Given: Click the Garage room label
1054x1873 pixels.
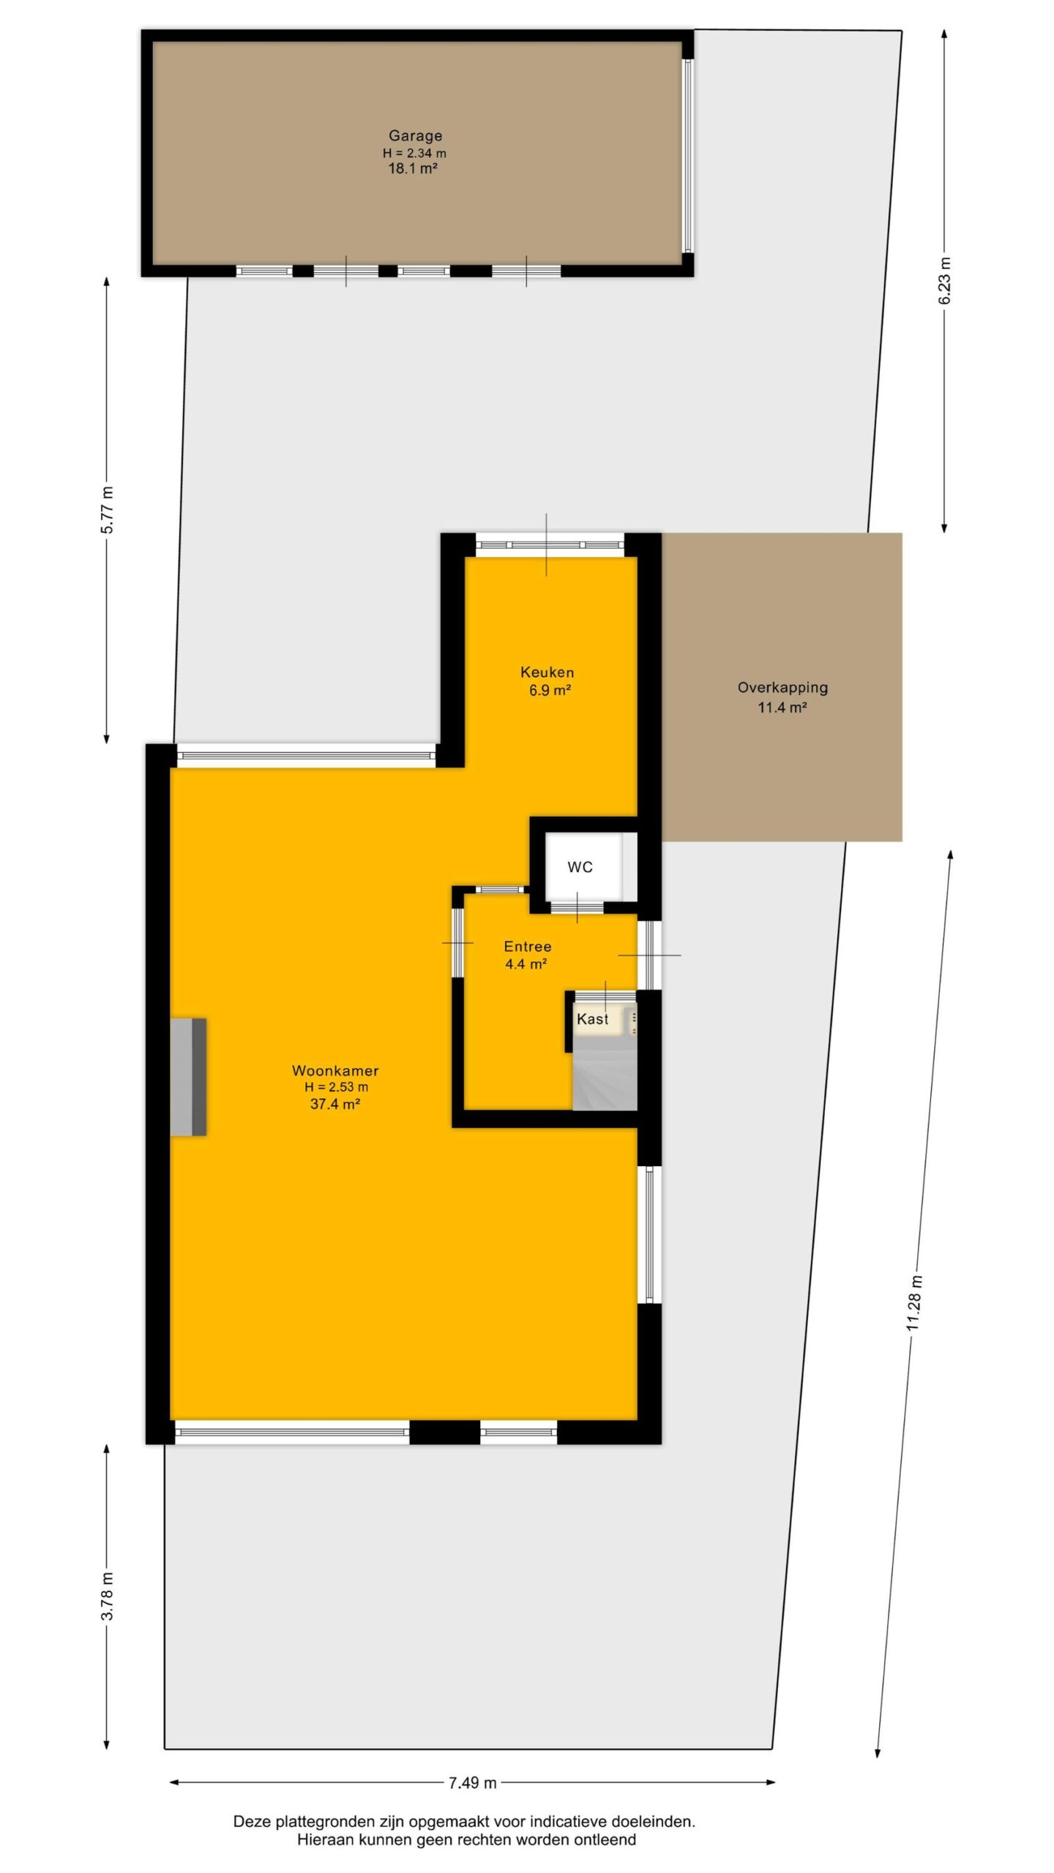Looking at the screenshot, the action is (x=415, y=136).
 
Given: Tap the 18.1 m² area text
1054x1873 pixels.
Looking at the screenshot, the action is (x=413, y=168).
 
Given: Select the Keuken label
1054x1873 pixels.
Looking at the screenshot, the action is (x=547, y=672).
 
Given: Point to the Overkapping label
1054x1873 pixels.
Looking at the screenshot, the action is (x=782, y=688).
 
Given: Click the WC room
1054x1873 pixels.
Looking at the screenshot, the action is (x=580, y=867).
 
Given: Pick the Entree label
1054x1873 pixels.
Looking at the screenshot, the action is (x=527, y=946).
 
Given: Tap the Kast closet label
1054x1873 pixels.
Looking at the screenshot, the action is (x=592, y=1018).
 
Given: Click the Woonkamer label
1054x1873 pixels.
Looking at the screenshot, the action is (x=335, y=1070).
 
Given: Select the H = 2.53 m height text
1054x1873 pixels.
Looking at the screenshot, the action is (x=336, y=1087).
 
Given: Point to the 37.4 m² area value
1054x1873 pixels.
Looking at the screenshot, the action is (x=335, y=1104).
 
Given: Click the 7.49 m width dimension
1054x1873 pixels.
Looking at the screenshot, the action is (x=472, y=1782).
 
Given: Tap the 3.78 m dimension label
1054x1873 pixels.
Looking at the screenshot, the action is (x=108, y=1604).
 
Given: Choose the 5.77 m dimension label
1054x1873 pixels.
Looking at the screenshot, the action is (x=108, y=509).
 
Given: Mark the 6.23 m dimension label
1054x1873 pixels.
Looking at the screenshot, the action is (x=945, y=281).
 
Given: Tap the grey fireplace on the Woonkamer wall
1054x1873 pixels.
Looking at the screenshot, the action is (x=188, y=1077).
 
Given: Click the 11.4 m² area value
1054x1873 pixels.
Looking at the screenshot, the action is (x=782, y=707).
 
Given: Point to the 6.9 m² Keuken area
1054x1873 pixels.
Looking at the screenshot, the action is (x=550, y=690).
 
